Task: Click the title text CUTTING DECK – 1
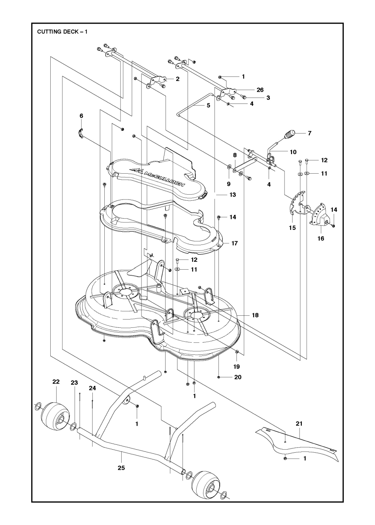(62, 32)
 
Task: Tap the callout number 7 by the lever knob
(309, 133)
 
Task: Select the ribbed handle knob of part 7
(290, 134)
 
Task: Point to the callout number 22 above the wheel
(56, 382)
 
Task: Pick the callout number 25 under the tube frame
(121, 468)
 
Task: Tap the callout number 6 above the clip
(81, 116)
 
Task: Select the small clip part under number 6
(80, 133)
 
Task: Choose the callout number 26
(260, 90)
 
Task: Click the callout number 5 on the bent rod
(208, 105)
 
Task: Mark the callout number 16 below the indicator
(321, 238)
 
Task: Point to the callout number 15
(292, 228)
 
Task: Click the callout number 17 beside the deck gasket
(234, 243)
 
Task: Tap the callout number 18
(255, 315)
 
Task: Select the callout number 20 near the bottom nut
(238, 377)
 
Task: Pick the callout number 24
(92, 388)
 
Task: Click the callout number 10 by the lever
(293, 152)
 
